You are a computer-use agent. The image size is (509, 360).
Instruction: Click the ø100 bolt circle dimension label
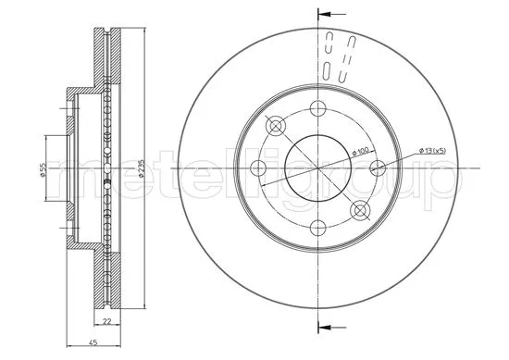click(360, 151)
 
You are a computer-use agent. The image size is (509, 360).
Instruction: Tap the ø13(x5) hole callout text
click(433, 150)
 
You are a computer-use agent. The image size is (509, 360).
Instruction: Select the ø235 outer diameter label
click(142, 168)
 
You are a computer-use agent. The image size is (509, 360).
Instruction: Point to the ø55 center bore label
click(43, 169)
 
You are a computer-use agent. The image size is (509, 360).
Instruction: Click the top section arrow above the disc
click(331, 15)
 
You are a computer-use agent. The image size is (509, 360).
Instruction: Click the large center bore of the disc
click(318, 168)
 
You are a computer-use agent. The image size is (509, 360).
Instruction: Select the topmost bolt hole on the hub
click(317, 108)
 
